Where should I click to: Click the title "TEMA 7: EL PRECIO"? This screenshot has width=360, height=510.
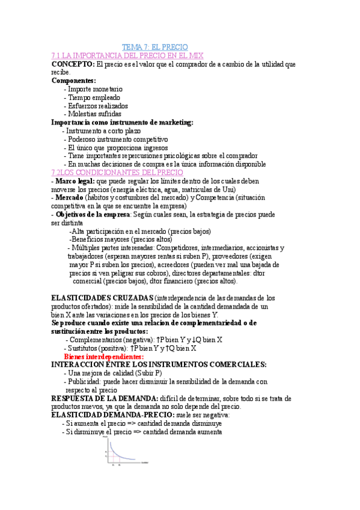click(155, 47)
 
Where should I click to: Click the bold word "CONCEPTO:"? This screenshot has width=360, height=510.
click(73, 64)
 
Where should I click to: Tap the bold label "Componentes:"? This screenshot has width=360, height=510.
click(73, 81)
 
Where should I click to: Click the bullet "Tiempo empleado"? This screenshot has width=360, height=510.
click(94, 97)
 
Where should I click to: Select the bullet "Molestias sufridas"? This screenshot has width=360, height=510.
click(94, 114)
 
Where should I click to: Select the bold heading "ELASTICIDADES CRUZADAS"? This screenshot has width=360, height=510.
click(102, 298)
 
